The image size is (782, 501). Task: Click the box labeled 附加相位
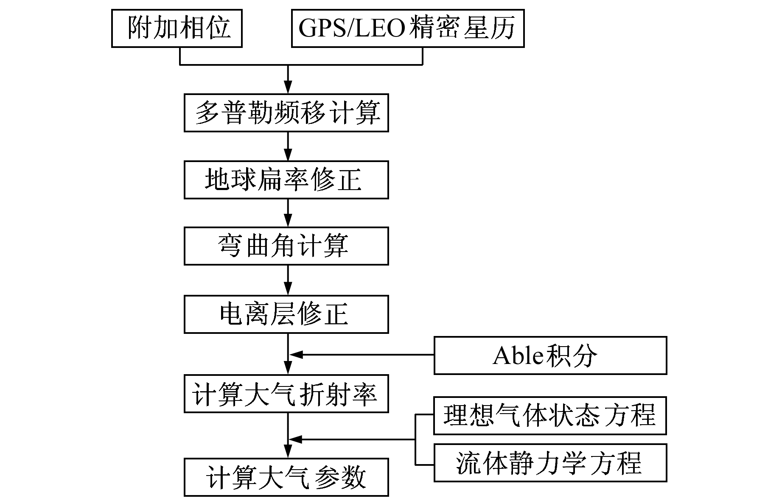[x=177, y=28]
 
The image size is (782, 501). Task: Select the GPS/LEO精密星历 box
[x=407, y=28]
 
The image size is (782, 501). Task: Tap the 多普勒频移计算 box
[x=286, y=113]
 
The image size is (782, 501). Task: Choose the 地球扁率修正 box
[x=286, y=180]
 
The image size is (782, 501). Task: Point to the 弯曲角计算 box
[x=286, y=246]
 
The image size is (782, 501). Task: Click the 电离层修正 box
[x=286, y=314]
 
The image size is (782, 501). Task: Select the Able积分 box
[x=550, y=355]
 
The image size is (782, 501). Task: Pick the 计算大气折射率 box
[x=286, y=394]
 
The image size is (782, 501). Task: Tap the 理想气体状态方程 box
[x=550, y=416]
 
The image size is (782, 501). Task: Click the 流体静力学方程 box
[x=550, y=463]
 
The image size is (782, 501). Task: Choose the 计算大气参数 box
[x=286, y=477]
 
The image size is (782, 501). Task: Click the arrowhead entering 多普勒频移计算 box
[x=288, y=88]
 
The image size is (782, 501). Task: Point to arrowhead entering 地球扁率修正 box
[x=288, y=155]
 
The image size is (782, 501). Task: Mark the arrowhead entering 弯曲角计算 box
[x=288, y=221]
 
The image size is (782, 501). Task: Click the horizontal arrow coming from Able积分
[x=361, y=354]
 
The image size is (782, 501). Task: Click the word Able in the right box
[x=518, y=355]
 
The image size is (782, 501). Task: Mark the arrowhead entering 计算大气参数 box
[x=288, y=452]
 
